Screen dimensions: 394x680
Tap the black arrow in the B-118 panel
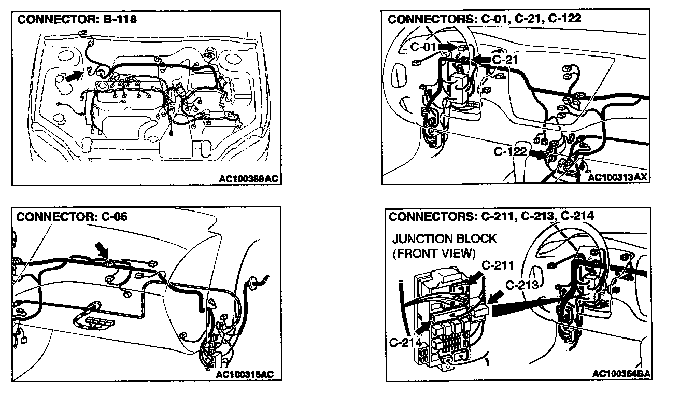point(75,76)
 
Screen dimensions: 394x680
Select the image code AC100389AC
point(249,178)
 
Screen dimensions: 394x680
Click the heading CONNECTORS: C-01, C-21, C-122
point(485,19)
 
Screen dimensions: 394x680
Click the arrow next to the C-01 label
point(449,47)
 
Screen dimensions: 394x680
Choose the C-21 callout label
point(505,60)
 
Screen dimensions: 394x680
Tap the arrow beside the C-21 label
point(481,60)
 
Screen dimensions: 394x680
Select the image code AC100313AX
point(618,177)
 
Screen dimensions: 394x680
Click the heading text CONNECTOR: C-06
point(72,216)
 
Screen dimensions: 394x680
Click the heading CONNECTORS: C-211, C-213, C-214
point(491,216)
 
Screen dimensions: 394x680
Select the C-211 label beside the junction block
point(498,266)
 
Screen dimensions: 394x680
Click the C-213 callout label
point(522,285)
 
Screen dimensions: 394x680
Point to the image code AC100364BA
point(621,374)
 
